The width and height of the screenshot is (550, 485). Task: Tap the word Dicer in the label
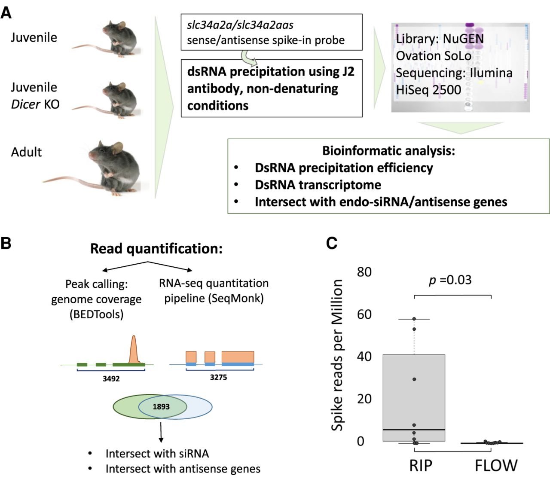coord(25,104)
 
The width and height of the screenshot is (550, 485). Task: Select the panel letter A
coord(6,12)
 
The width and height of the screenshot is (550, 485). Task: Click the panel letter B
coord(6,243)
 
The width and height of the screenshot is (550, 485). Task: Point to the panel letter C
coord(331,243)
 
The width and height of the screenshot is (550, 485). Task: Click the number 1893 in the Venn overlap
coord(161,406)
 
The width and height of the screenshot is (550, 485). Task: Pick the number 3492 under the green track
coord(111,378)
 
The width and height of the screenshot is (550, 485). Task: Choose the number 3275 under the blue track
coord(218,377)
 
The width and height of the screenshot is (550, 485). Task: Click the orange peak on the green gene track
coord(134,350)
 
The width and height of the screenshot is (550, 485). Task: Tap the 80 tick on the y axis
coord(364,272)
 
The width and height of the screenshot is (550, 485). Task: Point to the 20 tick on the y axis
coord(364,399)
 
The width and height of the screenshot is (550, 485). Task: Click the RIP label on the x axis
coord(421,466)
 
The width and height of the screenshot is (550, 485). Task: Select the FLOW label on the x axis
coord(496,466)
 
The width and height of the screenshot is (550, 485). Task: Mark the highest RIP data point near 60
coord(414,319)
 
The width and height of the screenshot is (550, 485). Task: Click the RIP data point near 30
coord(414,379)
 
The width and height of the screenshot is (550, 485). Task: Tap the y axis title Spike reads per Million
coord(337,355)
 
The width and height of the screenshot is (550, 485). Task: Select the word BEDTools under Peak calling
coord(96,314)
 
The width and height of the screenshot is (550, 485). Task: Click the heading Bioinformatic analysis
coord(388,151)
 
